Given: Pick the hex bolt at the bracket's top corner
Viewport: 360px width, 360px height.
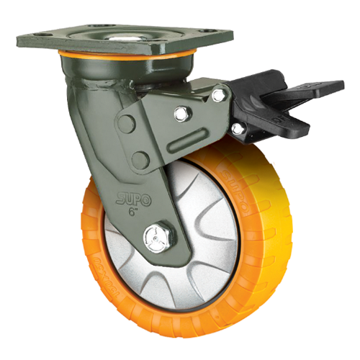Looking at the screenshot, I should tap(217, 95).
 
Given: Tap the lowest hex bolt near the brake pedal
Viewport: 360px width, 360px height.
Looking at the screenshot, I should tap(237, 127).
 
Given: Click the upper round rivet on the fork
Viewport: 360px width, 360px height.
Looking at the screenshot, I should tap(127, 124).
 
